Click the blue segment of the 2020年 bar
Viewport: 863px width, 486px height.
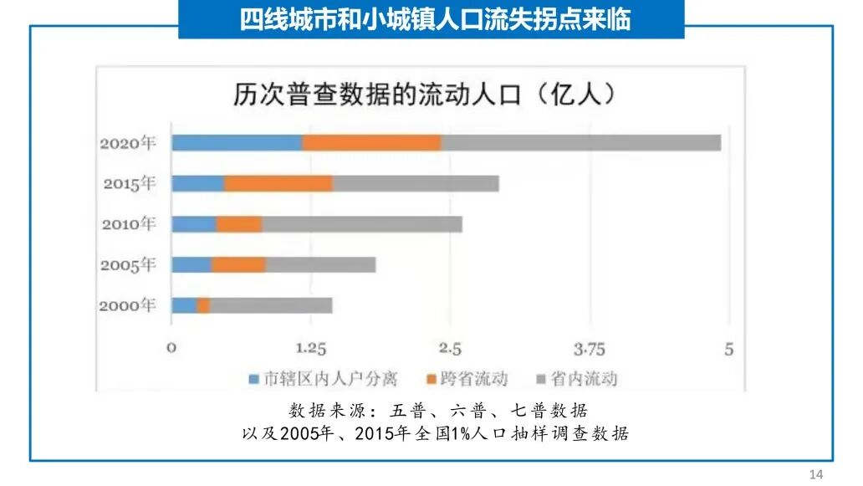(x=237, y=143)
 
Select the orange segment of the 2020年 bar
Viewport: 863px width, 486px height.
(x=371, y=143)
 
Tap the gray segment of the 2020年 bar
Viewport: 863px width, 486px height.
(x=580, y=143)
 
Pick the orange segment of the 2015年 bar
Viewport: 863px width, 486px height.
(x=278, y=184)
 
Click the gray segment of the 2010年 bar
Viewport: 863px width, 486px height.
(x=361, y=224)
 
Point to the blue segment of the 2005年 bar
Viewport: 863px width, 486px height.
(x=191, y=265)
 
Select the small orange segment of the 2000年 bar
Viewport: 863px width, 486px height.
(x=203, y=305)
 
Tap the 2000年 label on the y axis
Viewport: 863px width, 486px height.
(x=128, y=305)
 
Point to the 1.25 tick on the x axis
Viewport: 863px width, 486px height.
(x=310, y=349)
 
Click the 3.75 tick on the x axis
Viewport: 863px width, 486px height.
(x=590, y=349)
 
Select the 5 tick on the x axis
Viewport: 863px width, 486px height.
(x=728, y=349)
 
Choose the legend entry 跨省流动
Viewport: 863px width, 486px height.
(x=474, y=379)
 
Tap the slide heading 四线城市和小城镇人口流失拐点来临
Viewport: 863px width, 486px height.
(x=431, y=20)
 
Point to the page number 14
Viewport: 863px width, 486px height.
(x=817, y=474)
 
